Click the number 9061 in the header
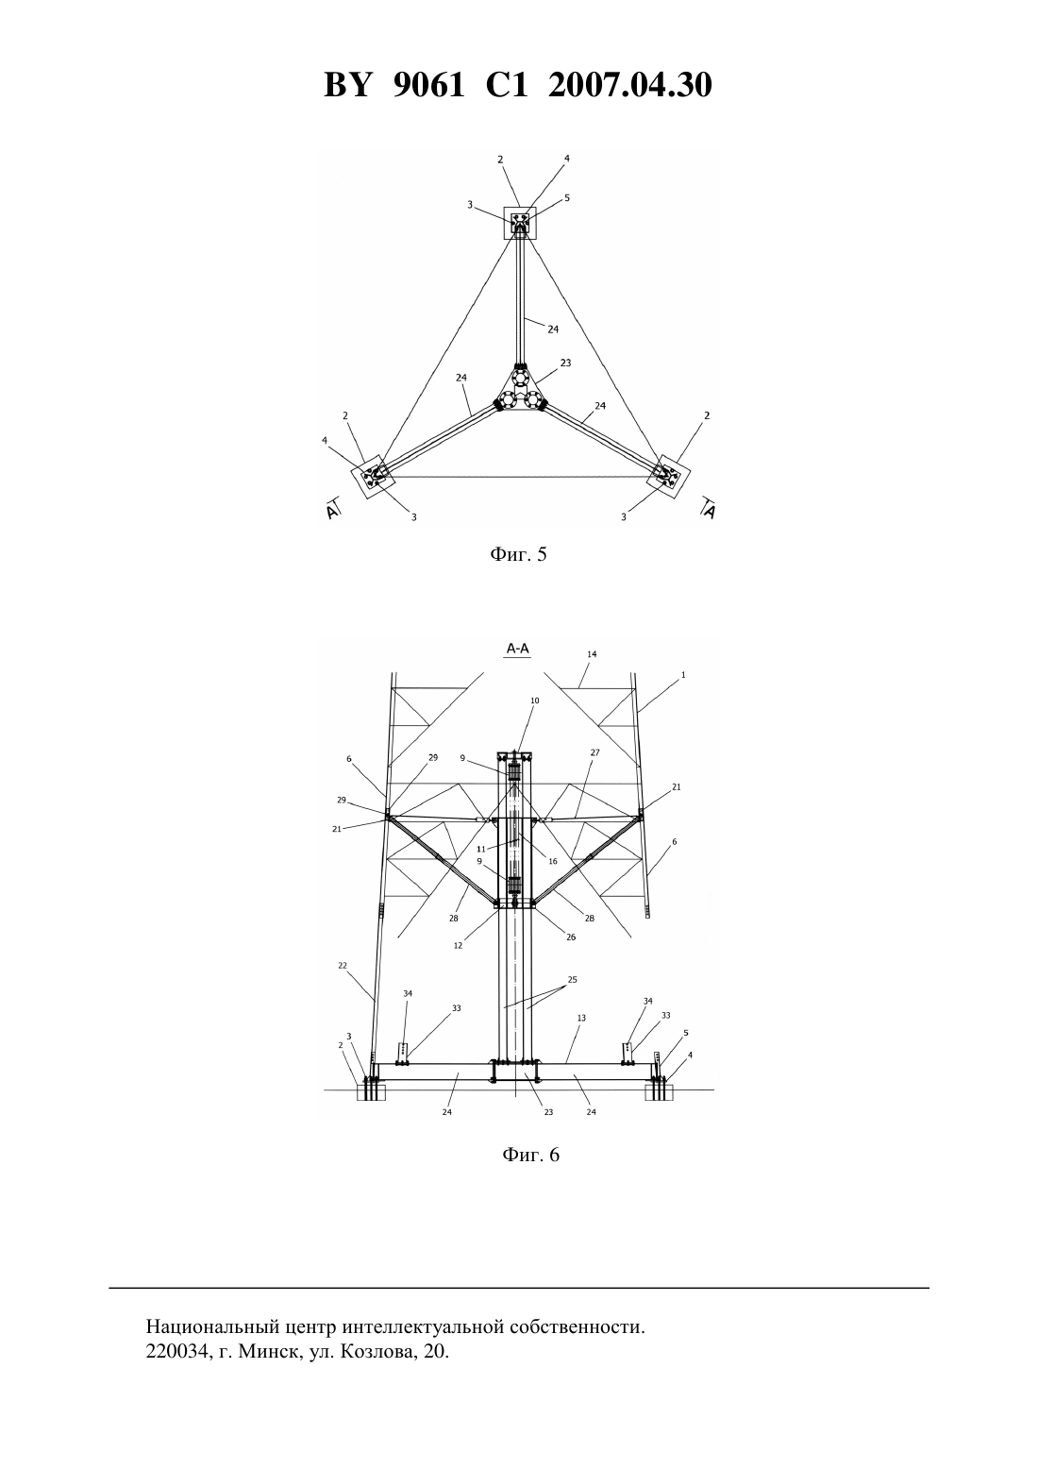pos(428,86)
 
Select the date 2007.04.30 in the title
pos(629,86)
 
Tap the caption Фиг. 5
pos(518,555)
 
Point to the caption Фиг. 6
pos(530,1155)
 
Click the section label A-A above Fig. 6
pos(518,649)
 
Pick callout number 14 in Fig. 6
pos(592,654)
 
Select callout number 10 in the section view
pos(535,701)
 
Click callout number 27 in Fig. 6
pos(594,752)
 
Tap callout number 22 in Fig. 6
pos(343,966)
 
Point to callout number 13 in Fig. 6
pos(581,1018)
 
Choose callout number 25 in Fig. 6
pos(572,979)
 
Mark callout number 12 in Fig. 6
pos(458,946)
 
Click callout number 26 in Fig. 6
pos(571,937)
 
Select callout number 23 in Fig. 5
pos(565,362)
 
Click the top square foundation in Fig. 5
pos(520,223)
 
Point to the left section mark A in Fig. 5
pos(333,509)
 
